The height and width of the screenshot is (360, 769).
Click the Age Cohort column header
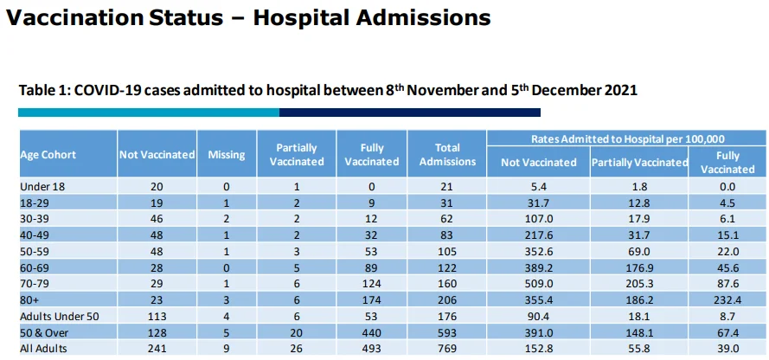[x=48, y=155]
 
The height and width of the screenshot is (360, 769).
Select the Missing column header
[x=226, y=155]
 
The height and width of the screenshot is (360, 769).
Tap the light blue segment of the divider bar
[x=148, y=112]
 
